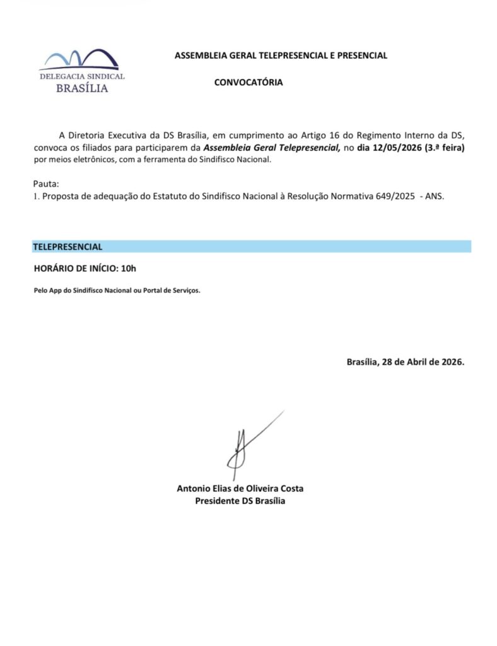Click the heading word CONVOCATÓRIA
248,82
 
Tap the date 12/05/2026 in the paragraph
397,148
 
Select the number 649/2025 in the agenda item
394,196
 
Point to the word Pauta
45,184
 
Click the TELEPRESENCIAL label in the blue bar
67,247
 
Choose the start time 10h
128,269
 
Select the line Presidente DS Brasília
240,501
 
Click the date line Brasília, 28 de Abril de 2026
405,363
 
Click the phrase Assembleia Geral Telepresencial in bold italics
271,148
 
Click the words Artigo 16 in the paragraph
332,136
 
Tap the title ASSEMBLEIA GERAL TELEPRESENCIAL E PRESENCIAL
281,56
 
